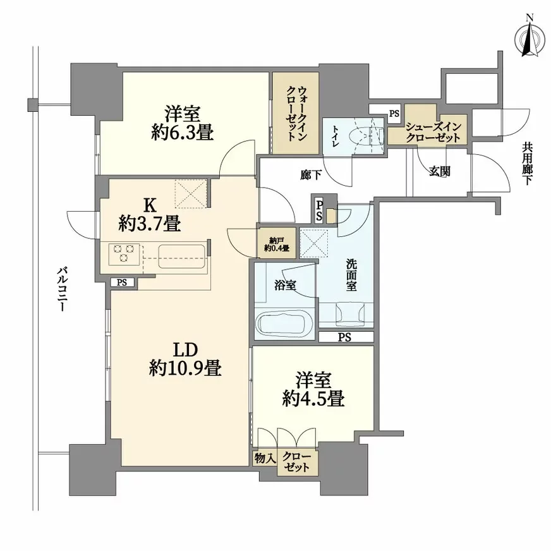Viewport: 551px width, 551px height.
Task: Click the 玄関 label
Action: click(440, 171)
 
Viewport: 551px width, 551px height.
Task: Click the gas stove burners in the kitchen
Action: click(124, 253)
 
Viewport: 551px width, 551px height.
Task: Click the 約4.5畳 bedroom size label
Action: click(313, 399)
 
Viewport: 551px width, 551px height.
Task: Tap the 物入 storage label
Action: click(264, 457)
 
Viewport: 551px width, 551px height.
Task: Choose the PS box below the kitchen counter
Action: click(122, 282)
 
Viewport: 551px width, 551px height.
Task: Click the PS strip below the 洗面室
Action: click(344, 337)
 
